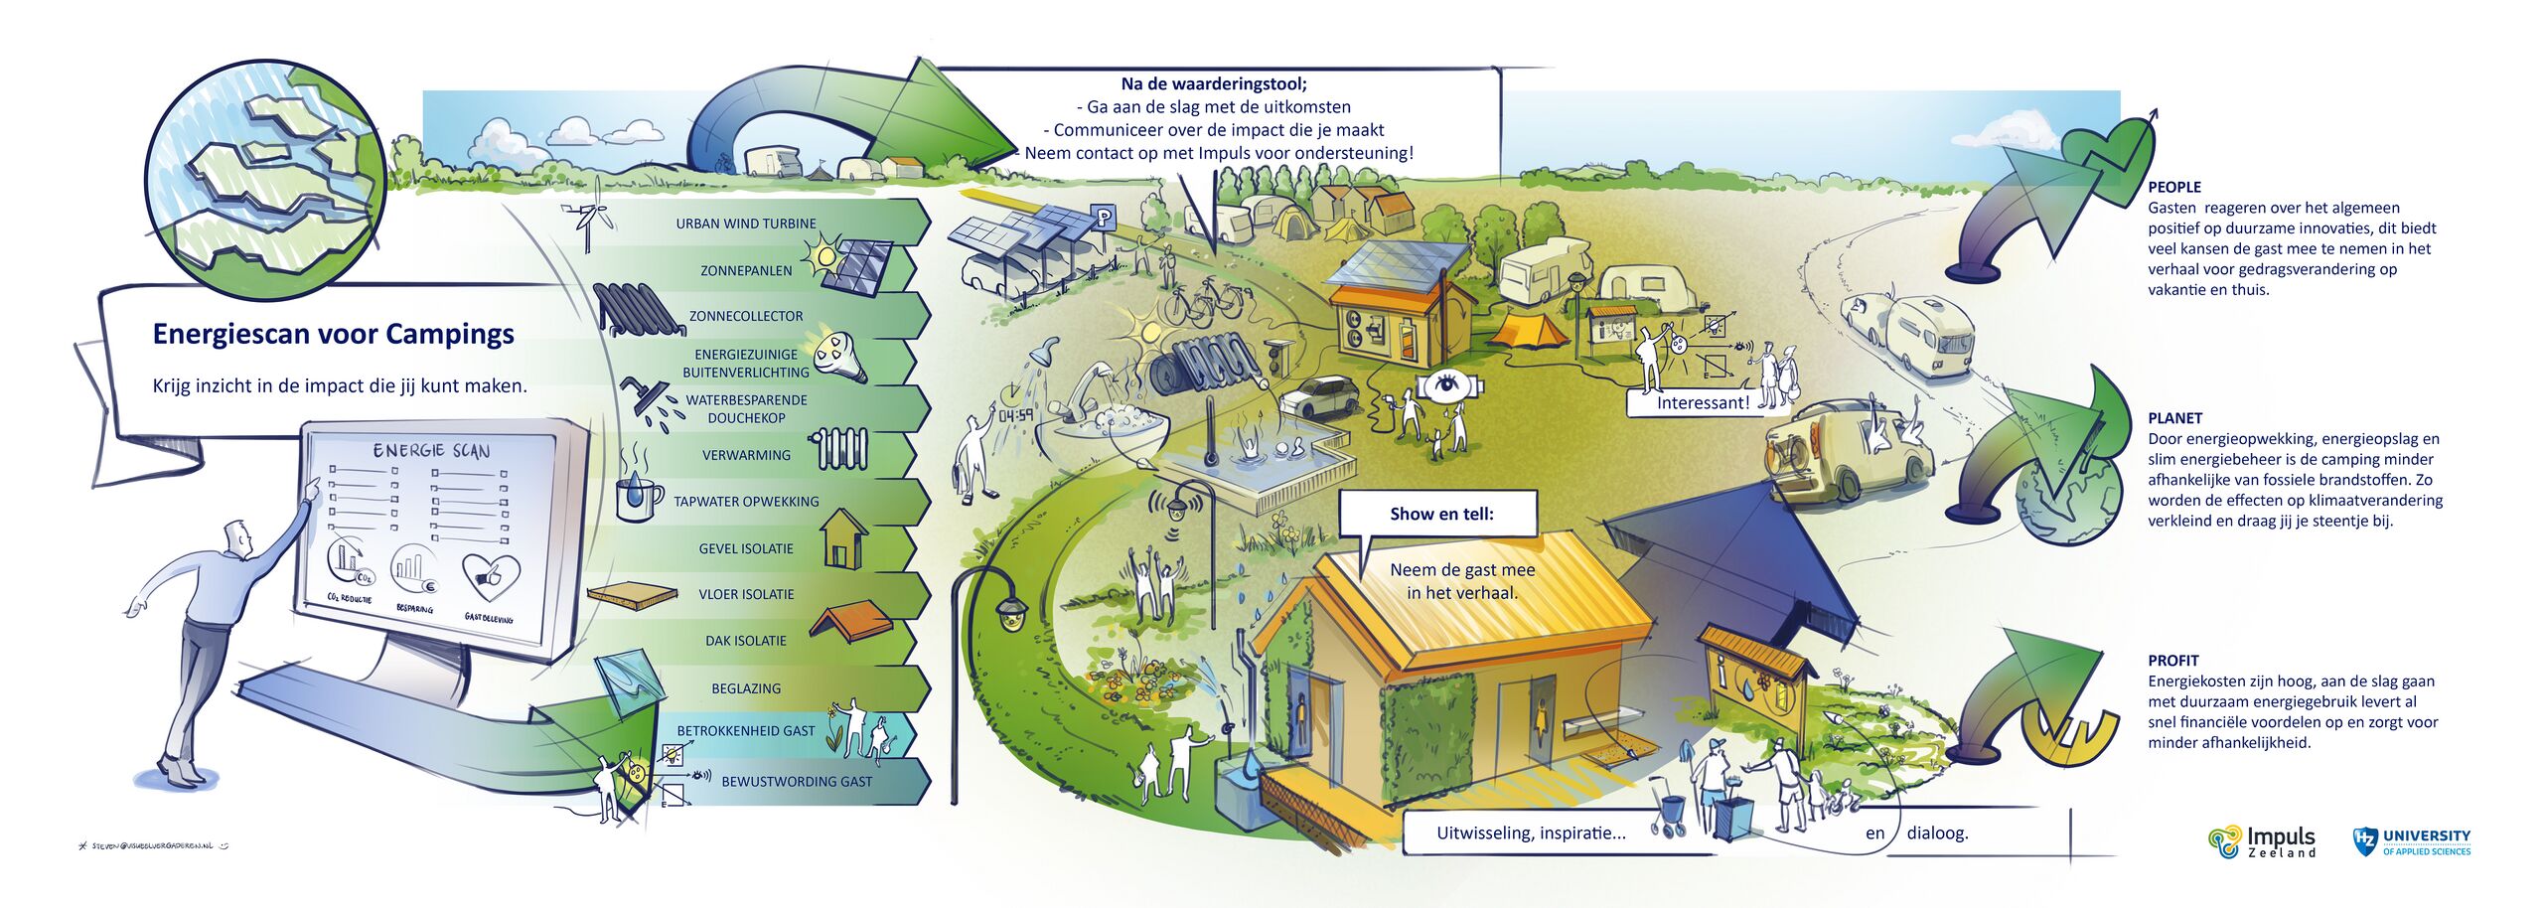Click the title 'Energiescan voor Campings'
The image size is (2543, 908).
coord(333,334)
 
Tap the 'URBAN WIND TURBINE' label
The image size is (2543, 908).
coord(746,224)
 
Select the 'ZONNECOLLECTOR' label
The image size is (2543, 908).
coord(746,316)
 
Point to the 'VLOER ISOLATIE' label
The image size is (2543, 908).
coord(746,594)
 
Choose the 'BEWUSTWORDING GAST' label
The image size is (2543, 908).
coord(797,782)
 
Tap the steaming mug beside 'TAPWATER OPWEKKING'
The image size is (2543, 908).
coord(637,494)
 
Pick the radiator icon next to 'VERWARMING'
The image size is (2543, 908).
coord(842,449)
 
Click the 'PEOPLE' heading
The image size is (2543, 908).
coord(2174,187)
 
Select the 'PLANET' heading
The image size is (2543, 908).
coord(2174,418)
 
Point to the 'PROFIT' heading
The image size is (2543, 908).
coord(2173,661)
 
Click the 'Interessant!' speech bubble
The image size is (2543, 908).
coord(1703,403)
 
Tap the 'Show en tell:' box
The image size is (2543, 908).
coord(1440,514)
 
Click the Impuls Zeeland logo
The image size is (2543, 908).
coord(2262,840)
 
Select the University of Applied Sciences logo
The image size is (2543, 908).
coord(2412,841)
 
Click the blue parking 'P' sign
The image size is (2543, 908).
coord(1103,216)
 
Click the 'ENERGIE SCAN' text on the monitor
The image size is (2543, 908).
coord(431,451)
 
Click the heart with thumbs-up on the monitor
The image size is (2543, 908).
coord(490,577)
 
